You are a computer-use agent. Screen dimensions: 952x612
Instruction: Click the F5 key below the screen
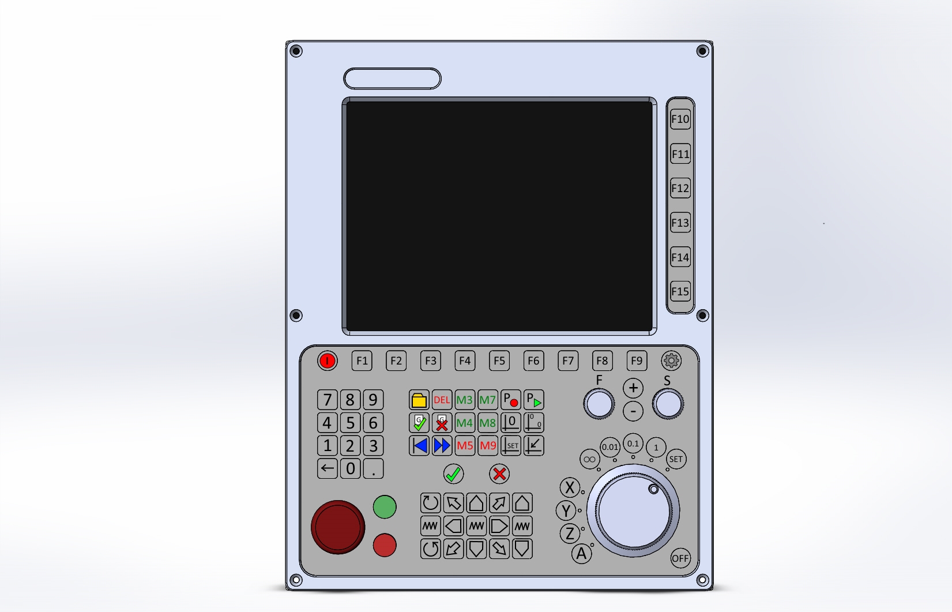(x=499, y=361)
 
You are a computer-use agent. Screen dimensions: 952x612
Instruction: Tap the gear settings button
(x=671, y=361)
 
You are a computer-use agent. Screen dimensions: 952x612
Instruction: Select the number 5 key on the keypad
(x=350, y=423)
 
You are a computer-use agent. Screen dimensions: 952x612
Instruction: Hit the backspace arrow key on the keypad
(x=328, y=468)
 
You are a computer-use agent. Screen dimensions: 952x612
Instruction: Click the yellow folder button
(x=419, y=400)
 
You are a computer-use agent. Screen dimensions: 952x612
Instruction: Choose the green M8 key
(x=487, y=423)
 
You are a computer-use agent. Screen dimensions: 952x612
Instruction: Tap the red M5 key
(x=465, y=446)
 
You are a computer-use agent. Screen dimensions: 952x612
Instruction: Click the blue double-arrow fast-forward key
(x=442, y=446)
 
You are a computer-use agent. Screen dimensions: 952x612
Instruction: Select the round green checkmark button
(x=453, y=474)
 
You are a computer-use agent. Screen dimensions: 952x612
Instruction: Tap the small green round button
(x=385, y=507)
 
